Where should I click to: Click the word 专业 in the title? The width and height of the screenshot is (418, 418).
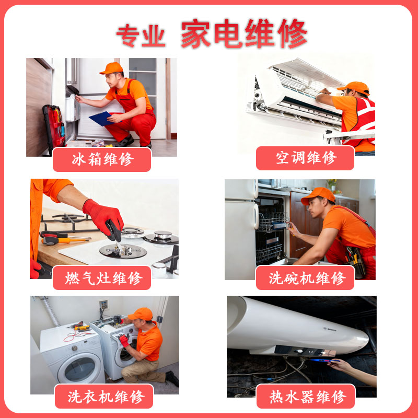click(x=141, y=35)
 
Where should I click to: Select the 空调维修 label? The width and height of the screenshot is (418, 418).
click(x=305, y=158)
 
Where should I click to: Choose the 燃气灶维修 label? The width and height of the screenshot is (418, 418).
click(x=102, y=278)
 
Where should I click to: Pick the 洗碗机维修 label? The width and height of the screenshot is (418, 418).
click(x=305, y=278)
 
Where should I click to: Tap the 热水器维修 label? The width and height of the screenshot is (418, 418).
click(x=305, y=397)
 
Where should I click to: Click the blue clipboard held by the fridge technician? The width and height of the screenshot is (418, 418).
click(x=100, y=119)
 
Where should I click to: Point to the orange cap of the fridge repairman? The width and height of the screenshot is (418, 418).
click(x=111, y=68)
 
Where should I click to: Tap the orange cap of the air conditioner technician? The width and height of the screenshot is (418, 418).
click(x=354, y=87)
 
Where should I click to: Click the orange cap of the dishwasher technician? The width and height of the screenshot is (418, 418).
click(x=318, y=195)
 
